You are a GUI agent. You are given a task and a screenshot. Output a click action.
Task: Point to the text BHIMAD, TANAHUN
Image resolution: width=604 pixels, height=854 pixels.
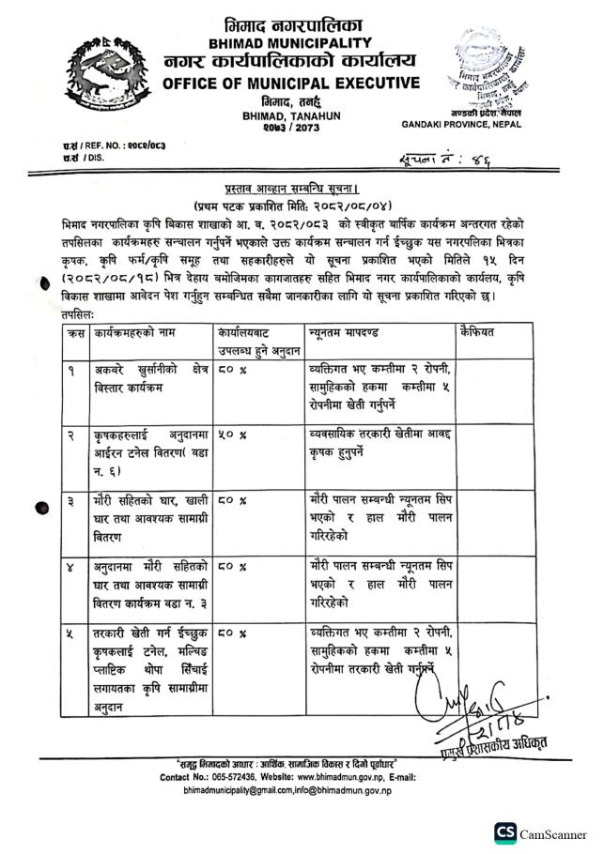pos(275,115)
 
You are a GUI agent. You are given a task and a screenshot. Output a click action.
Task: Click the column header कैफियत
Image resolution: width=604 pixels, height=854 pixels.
pos(478,333)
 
